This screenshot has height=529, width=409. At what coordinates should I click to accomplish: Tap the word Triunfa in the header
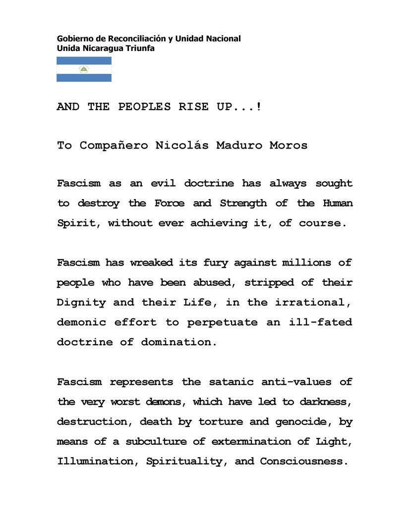141,48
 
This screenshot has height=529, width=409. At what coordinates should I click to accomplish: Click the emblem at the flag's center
84,69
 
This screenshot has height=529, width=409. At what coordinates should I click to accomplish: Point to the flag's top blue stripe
84,61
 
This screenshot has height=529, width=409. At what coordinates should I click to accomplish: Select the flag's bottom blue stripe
84,78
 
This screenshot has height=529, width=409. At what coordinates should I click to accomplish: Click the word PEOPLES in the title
144,107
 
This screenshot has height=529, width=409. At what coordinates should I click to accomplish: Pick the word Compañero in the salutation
114,146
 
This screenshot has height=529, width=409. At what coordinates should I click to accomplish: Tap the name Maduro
239,146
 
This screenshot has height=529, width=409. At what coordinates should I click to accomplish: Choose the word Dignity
81,303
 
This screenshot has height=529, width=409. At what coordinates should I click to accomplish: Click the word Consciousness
301,462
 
